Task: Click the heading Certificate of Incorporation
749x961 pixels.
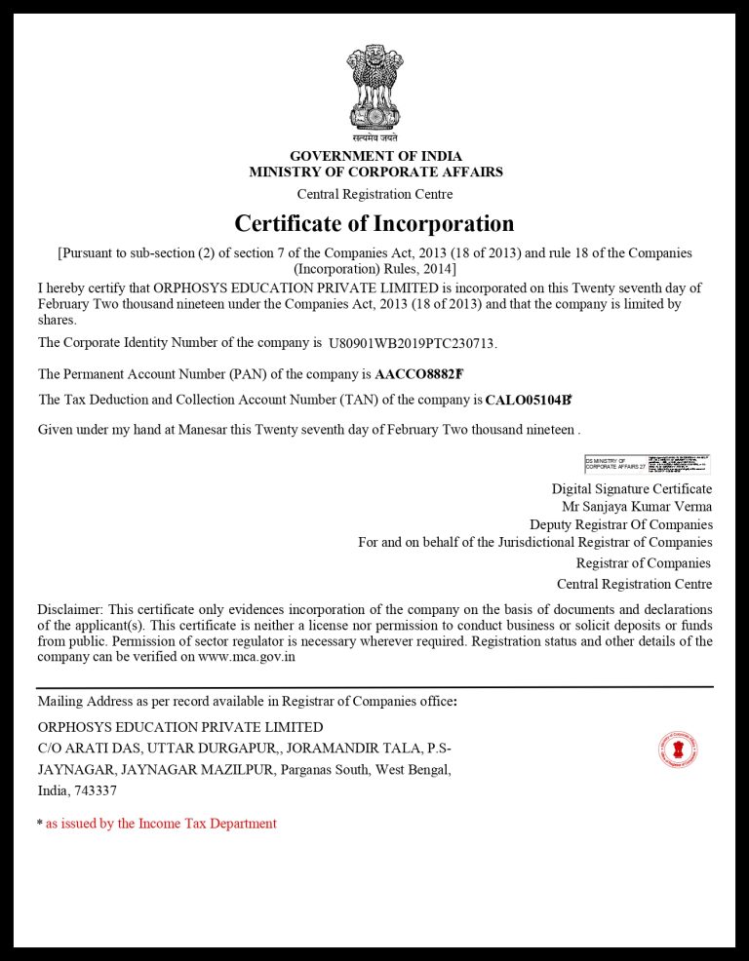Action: click(374, 224)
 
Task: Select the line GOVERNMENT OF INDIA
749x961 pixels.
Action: click(375, 156)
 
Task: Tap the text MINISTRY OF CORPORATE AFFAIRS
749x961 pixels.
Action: click(375, 173)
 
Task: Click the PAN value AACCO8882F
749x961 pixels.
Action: click(418, 373)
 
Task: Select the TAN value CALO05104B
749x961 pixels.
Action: click(528, 400)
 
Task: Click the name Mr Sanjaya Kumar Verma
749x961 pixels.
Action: click(637, 507)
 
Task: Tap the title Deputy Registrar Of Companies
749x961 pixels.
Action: click(620, 524)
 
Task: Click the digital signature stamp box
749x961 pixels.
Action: click(647, 463)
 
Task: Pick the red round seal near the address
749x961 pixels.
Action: click(678, 750)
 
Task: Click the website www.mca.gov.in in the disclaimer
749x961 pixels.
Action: click(247, 657)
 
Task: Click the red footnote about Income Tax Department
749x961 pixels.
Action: click(161, 824)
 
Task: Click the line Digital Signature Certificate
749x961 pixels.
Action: click(631, 489)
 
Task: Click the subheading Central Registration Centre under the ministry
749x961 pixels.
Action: click(374, 194)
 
